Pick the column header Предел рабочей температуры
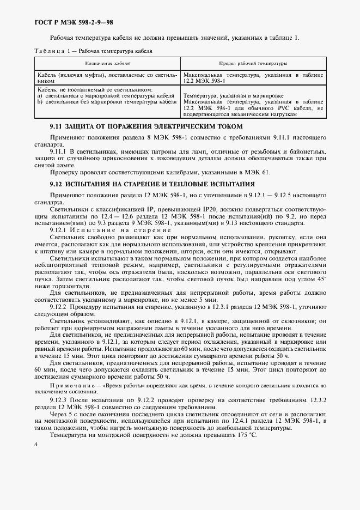pyautogui.click(x=253, y=64)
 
